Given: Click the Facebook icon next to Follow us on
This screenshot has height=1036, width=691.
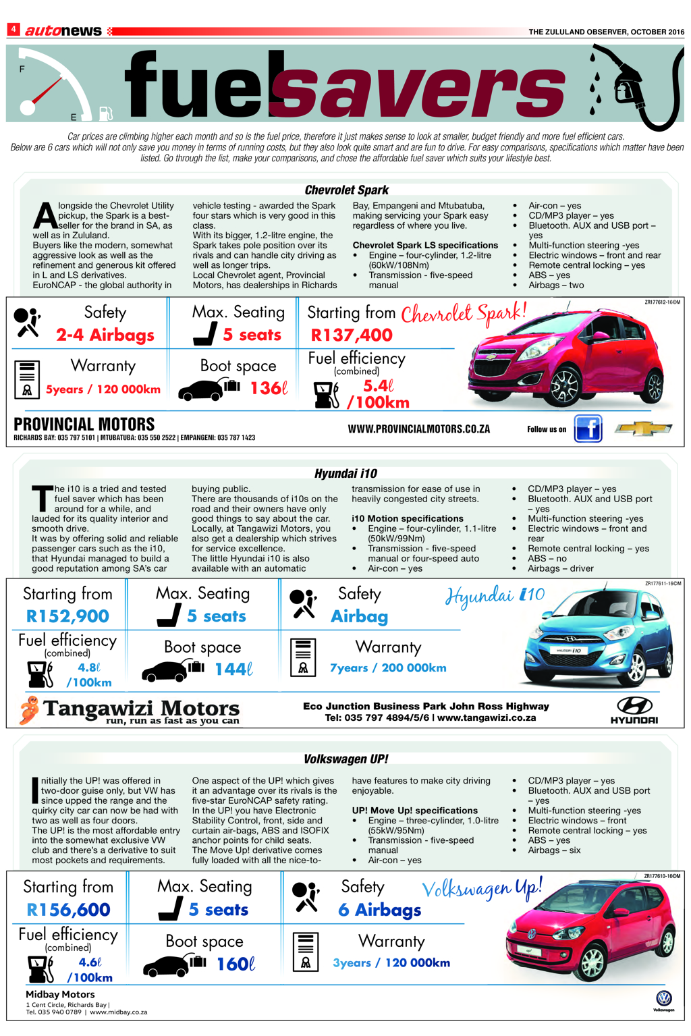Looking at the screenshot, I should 588,429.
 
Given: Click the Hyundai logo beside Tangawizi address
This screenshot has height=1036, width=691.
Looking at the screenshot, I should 634,710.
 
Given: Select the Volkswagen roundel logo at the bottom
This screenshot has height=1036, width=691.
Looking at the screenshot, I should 663,998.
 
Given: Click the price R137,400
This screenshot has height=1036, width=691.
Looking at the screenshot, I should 351,335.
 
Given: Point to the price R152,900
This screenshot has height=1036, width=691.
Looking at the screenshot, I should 67,616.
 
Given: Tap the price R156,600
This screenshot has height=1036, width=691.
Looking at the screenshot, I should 68,910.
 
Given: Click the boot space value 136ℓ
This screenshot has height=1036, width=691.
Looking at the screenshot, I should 269,389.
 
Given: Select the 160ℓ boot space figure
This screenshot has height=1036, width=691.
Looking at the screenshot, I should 236,964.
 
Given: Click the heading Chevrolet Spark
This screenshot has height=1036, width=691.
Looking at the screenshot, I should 346,190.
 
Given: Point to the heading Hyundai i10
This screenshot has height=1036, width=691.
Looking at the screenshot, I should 345,474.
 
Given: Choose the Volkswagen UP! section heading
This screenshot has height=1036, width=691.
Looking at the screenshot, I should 345,759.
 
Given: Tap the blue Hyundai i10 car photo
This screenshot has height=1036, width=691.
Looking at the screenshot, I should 598,638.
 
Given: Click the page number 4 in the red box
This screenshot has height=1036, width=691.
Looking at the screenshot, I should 13,30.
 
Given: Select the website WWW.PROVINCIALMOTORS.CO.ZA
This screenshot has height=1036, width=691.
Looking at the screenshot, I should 418,429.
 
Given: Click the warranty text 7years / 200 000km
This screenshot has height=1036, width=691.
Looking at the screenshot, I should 388,668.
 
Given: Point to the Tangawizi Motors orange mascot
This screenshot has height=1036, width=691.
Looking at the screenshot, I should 28,710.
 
